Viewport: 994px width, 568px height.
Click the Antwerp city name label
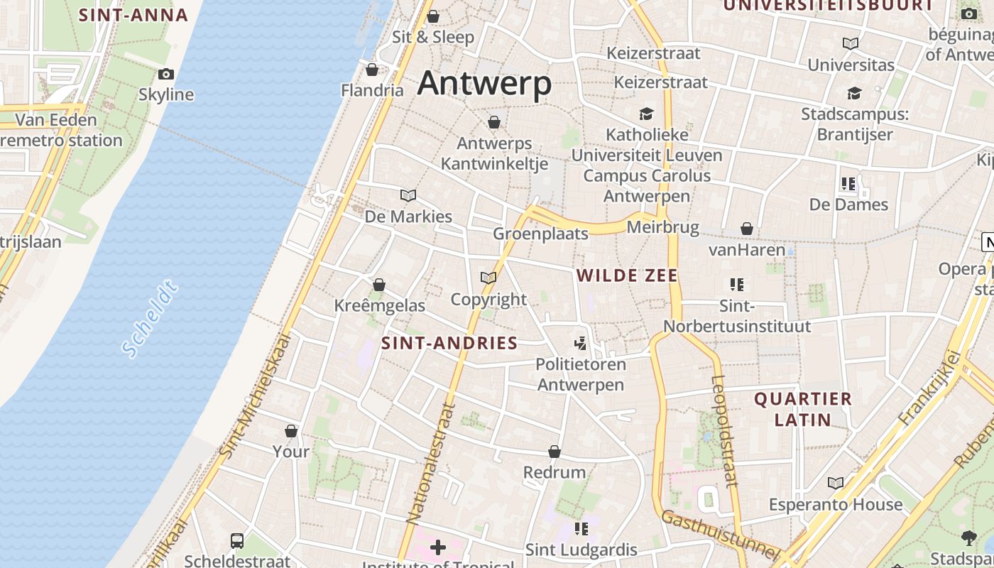484,84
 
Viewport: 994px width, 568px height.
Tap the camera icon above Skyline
166,74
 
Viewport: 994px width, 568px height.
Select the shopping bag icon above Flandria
371,70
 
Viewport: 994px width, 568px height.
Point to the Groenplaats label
541,234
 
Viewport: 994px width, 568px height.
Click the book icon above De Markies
408,195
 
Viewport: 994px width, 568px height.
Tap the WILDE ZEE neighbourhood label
627,275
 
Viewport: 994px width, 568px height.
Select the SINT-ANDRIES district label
449,344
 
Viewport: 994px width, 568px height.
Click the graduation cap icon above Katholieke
646,114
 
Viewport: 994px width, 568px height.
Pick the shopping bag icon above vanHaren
747,229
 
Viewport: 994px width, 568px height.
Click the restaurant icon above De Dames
848,184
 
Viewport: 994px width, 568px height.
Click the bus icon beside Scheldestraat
237,541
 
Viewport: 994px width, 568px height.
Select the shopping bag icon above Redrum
555,452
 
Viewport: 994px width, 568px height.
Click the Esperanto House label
836,505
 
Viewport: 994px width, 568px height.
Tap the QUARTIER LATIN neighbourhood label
802,409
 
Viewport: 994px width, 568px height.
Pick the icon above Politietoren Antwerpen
581,344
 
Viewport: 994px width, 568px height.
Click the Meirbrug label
662,227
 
